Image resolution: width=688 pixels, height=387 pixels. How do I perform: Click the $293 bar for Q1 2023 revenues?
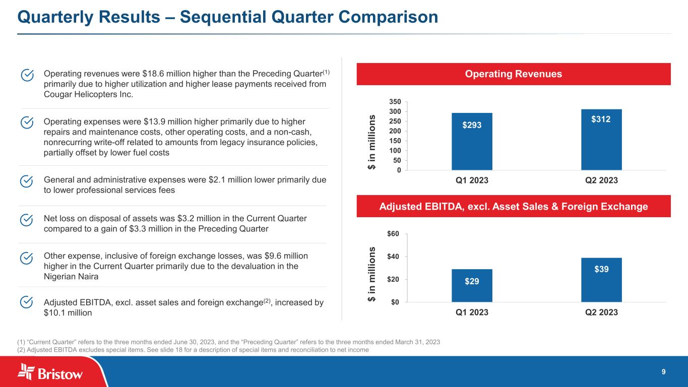(472, 141)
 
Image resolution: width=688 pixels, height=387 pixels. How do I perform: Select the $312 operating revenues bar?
(601, 140)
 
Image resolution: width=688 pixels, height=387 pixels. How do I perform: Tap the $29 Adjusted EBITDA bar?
(472, 285)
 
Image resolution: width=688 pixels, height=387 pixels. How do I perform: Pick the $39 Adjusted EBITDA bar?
(601, 280)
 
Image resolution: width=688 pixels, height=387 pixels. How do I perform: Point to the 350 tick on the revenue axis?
(395, 102)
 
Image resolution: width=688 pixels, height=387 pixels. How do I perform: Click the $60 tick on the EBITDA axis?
(393, 234)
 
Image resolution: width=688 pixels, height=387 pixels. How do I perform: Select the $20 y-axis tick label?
(393, 279)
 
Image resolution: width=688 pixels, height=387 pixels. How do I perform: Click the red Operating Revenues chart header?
(514, 74)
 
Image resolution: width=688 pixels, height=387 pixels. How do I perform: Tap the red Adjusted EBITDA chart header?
(514, 206)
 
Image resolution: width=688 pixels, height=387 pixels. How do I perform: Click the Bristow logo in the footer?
(50, 372)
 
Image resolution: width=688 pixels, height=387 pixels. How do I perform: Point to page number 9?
(663, 372)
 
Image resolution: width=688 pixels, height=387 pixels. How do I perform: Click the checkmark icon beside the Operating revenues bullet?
(27, 75)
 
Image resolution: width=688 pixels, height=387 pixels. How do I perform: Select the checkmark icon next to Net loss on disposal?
(26, 220)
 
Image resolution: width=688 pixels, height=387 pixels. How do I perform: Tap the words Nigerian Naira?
(71, 277)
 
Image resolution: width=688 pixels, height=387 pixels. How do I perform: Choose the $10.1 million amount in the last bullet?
(68, 312)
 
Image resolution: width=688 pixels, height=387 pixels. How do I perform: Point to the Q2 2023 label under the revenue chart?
(601, 180)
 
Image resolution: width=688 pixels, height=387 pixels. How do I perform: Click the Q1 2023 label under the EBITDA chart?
(472, 312)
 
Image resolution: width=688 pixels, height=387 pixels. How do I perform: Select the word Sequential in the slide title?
(223, 17)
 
